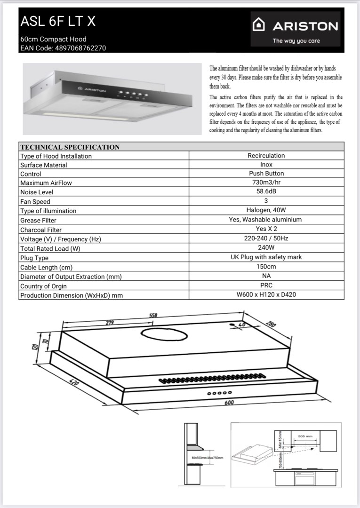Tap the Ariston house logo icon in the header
[x=259, y=25]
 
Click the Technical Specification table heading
[x=70, y=147]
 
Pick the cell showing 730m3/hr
[x=266, y=183]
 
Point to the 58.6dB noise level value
[x=266, y=192]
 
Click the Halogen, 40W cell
[x=266, y=210]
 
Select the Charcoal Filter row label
[x=41, y=230]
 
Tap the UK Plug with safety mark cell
[x=266, y=257]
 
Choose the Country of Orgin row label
[x=43, y=286]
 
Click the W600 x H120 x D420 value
[x=266, y=295]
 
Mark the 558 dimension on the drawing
[x=153, y=316]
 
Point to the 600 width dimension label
[x=229, y=403]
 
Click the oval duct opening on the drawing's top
[x=163, y=336]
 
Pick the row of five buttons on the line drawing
[x=220, y=392]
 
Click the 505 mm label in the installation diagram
[x=305, y=437]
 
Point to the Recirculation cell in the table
[x=266, y=155]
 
